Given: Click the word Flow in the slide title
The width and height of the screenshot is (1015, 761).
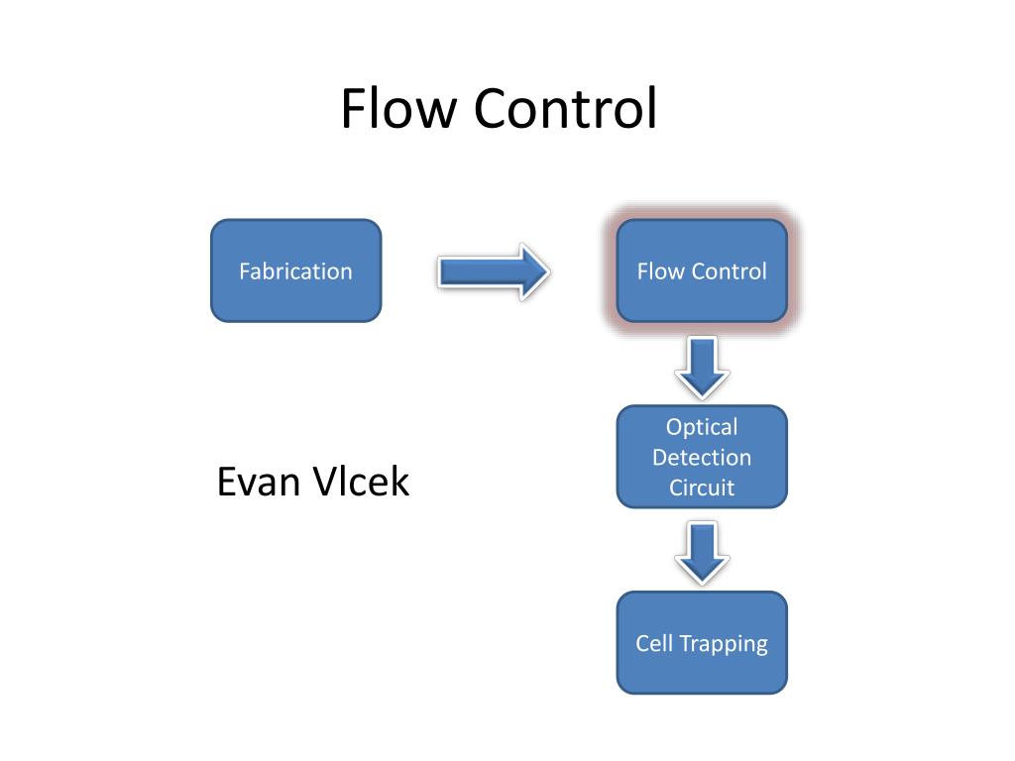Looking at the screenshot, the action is coord(398,108).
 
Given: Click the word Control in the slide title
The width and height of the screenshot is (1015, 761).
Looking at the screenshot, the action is coord(566,108).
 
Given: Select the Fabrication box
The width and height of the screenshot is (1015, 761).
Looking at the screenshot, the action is coord(295,271).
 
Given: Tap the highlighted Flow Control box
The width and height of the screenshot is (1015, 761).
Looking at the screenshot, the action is coord(702,271).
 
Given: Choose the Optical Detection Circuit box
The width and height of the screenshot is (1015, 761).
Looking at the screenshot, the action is coord(702,457).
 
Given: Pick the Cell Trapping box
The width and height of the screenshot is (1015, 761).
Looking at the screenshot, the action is coord(702,642).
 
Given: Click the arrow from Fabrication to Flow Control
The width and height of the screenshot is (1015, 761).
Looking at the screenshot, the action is coord(494,272).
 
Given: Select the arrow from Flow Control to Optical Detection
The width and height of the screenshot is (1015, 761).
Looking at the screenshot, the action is coord(703,368).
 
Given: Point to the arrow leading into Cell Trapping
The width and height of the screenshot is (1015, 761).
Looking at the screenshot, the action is coord(703,554).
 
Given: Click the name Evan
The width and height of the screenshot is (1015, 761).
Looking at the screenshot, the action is coord(259,483).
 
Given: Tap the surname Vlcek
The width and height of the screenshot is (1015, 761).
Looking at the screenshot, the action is coord(361,482).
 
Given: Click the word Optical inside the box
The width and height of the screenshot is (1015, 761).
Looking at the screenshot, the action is coord(702,428).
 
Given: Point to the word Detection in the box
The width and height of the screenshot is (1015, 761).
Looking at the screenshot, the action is coord(702,458).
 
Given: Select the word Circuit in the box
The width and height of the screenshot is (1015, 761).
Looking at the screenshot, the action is coord(702,488).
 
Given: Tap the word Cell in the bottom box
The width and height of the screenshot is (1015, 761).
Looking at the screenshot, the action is coord(654,643).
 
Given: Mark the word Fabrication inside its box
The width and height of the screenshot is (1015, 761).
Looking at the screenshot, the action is coord(295,272).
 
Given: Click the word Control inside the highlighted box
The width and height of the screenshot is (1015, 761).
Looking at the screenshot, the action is coord(729,272).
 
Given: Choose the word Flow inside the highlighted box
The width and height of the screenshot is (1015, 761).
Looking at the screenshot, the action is coord(660,272).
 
